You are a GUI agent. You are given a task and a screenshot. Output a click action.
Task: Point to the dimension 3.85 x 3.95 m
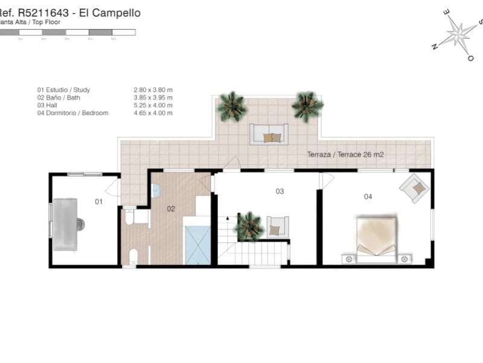pos(153,97)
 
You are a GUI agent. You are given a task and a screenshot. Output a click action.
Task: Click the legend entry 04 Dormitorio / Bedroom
pos(72,113)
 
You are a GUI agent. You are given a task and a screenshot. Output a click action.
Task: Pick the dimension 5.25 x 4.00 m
pos(153,105)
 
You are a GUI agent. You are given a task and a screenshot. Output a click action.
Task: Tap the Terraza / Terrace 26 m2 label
pos(345,154)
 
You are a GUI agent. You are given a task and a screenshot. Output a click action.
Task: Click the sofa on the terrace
pos(269,134)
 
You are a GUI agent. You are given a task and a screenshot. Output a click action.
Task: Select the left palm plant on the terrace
pos(232,106)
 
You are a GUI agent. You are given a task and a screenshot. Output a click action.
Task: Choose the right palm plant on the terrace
pos(307,106)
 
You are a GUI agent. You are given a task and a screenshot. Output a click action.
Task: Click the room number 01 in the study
pos(99,201)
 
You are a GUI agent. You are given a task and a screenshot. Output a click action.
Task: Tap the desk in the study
pos(65,224)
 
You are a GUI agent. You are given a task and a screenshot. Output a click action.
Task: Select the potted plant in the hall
pos(248,227)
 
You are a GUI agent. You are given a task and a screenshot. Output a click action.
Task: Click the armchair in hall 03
pos(277,226)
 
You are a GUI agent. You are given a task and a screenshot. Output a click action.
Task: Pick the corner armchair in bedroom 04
pos(415,186)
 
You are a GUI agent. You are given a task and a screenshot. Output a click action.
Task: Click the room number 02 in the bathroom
pos(171,209)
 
